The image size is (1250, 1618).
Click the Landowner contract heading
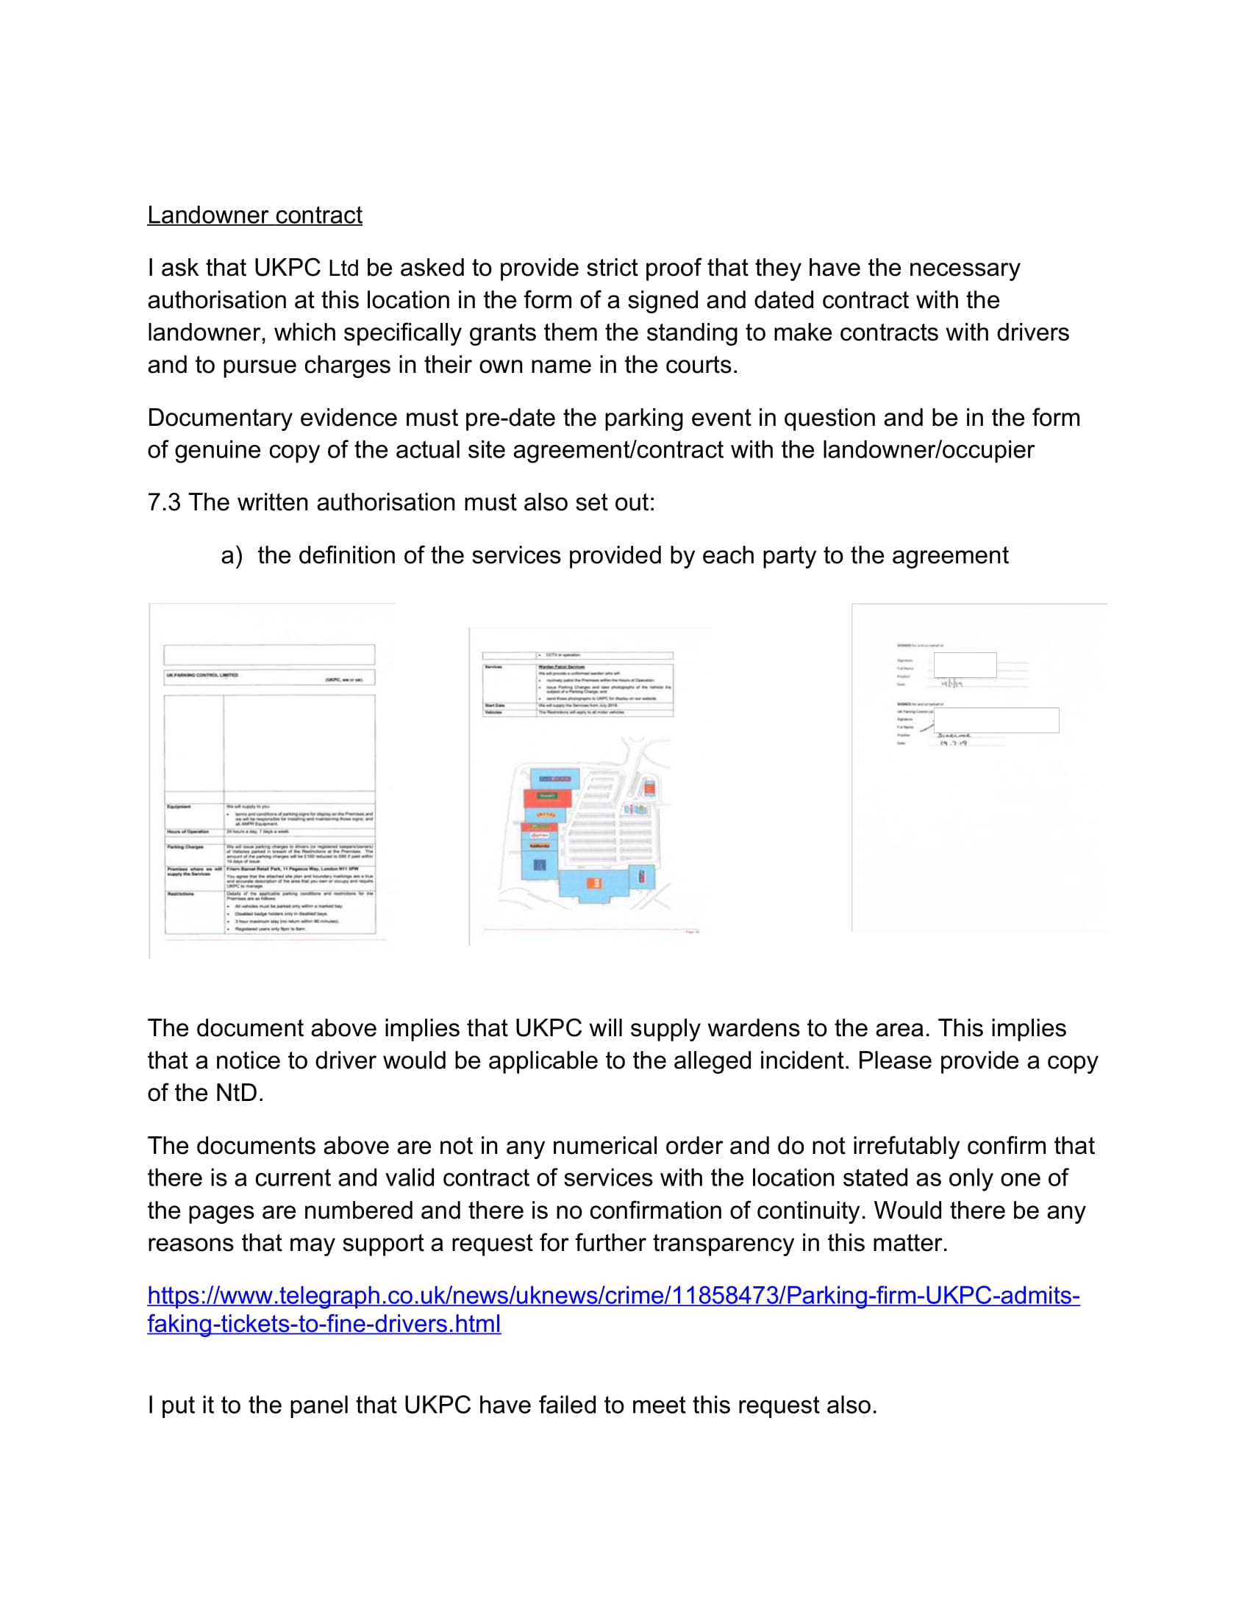[254, 215]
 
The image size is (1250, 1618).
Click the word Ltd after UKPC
[343, 268]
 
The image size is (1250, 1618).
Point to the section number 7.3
[164, 502]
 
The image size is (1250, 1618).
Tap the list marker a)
[231, 555]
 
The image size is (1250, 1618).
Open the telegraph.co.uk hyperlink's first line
[613, 1295]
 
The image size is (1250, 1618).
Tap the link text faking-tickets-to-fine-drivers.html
[324, 1324]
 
